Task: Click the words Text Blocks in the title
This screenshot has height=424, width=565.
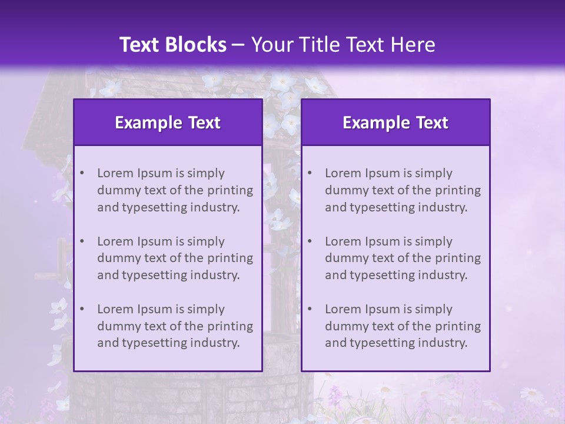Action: click(x=172, y=45)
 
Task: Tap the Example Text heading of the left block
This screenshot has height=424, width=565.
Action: click(x=168, y=122)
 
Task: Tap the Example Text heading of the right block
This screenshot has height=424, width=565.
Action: click(x=395, y=122)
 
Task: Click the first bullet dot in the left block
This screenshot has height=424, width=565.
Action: click(x=82, y=173)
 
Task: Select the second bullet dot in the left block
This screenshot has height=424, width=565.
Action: click(x=82, y=241)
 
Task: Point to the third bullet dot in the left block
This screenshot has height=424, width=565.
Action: click(x=82, y=309)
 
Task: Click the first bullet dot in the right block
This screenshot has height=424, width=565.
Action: click(x=310, y=173)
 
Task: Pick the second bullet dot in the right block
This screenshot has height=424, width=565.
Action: click(x=310, y=241)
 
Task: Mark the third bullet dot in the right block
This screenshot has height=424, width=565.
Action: click(x=310, y=309)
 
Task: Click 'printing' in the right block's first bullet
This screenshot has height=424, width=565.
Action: click(x=459, y=190)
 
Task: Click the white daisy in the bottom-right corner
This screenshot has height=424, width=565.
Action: click(x=531, y=394)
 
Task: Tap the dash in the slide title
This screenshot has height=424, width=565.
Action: click(x=238, y=45)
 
